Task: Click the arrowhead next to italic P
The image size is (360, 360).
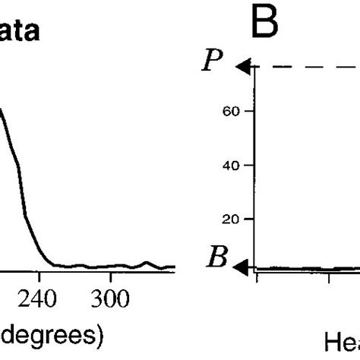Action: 242,68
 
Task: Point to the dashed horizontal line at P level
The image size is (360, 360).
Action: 304,68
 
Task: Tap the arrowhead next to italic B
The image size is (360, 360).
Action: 242,267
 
